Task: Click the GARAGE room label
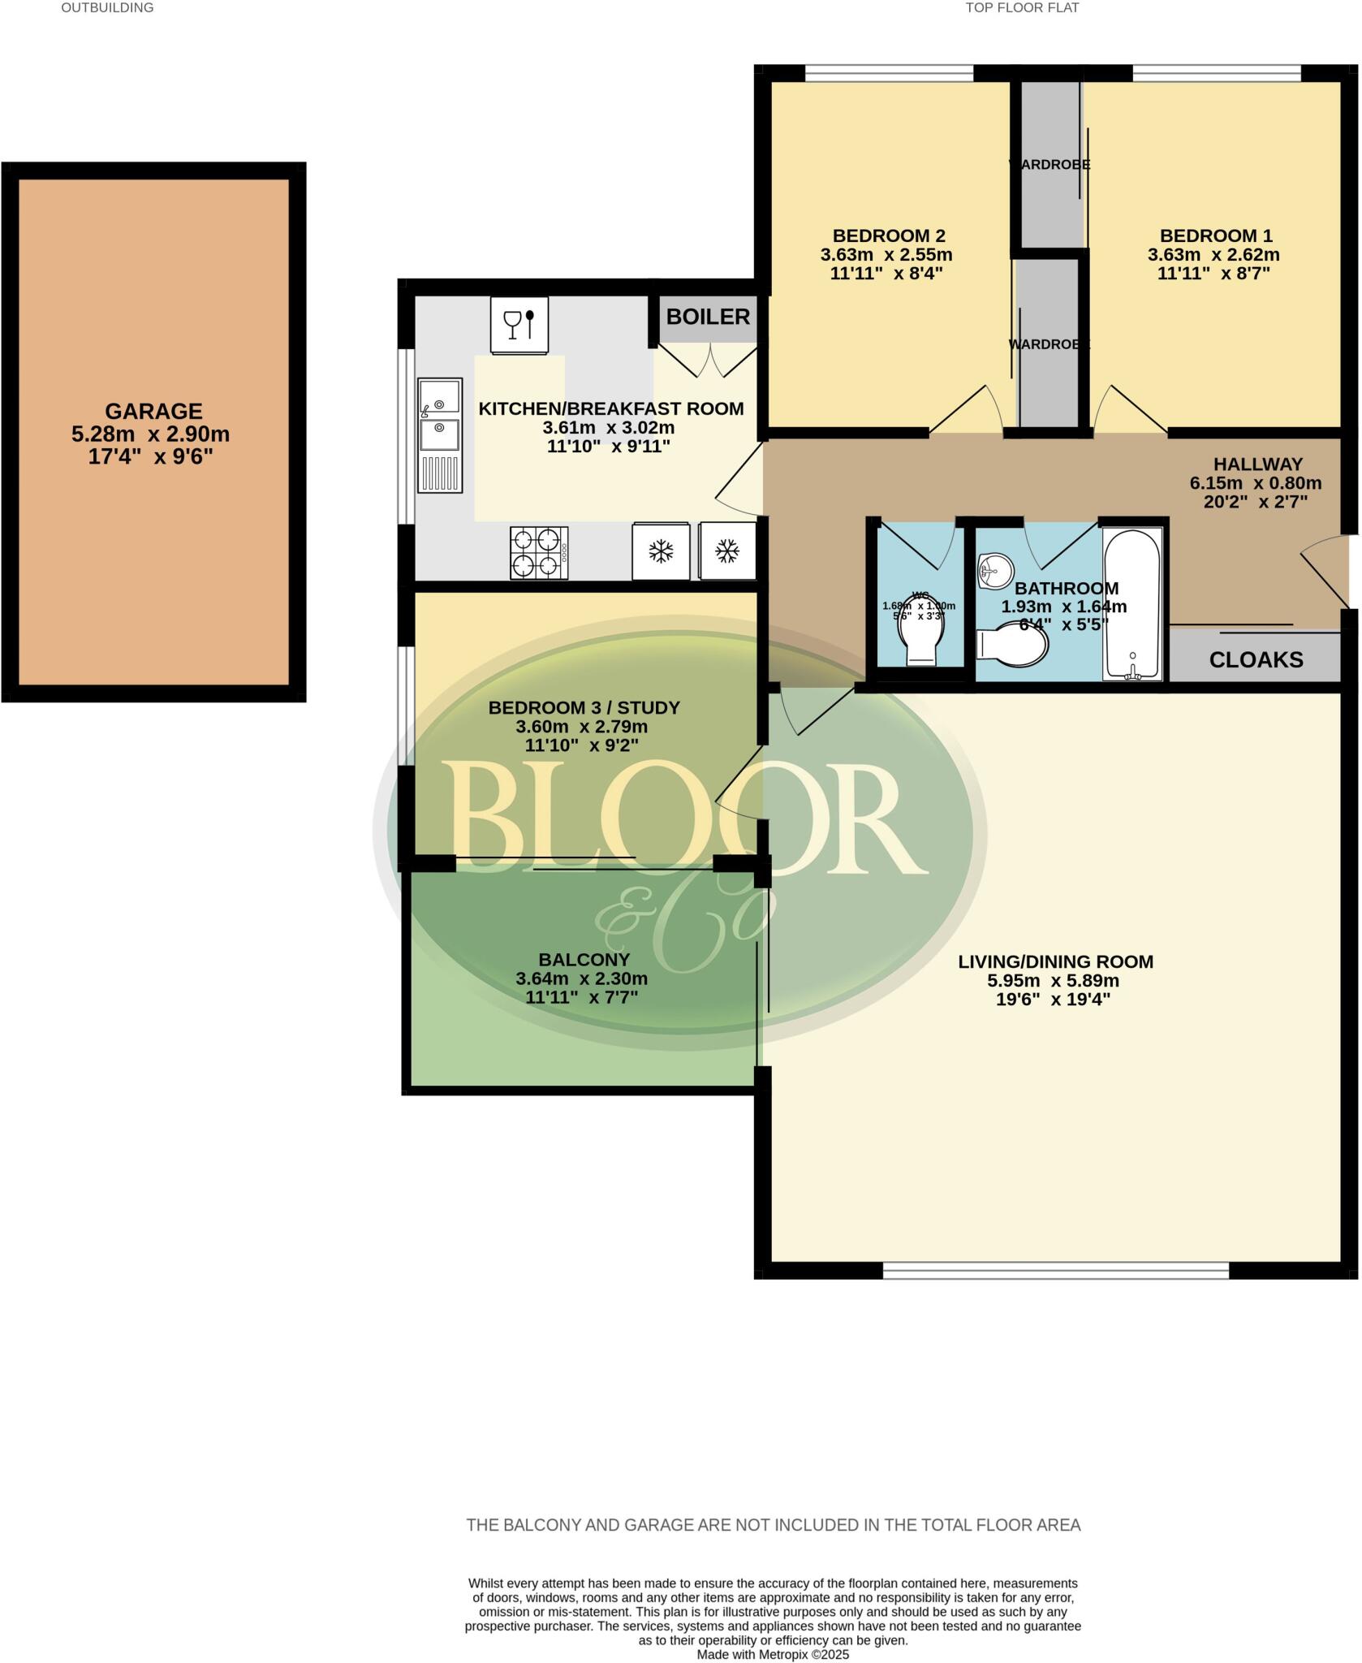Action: [153, 411]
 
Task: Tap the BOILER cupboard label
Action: [708, 317]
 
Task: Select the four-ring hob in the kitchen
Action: [538, 553]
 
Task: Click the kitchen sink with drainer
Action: [439, 434]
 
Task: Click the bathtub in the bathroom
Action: [1133, 603]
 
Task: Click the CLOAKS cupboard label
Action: [1256, 659]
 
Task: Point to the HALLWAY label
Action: [1257, 464]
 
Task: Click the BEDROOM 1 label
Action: [1215, 235]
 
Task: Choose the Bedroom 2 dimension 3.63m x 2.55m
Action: [886, 255]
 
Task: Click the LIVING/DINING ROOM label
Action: [1055, 961]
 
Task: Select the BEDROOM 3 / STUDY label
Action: [584, 707]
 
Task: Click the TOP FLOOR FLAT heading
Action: [1022, 8]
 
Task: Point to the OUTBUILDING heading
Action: [107, 8]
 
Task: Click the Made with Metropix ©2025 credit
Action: [773, 1654]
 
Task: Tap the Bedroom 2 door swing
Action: [970, 410]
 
